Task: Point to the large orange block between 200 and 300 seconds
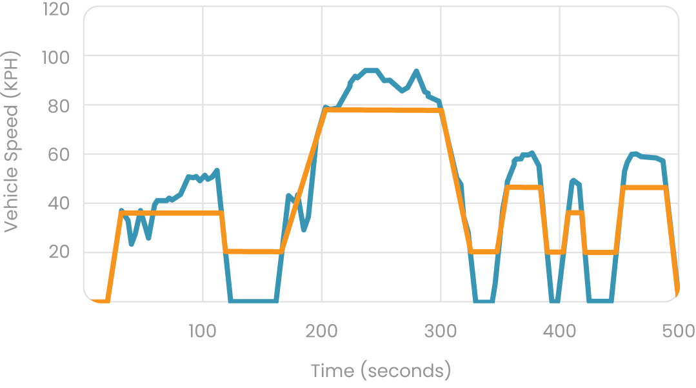381,129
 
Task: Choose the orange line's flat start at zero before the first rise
100,300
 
